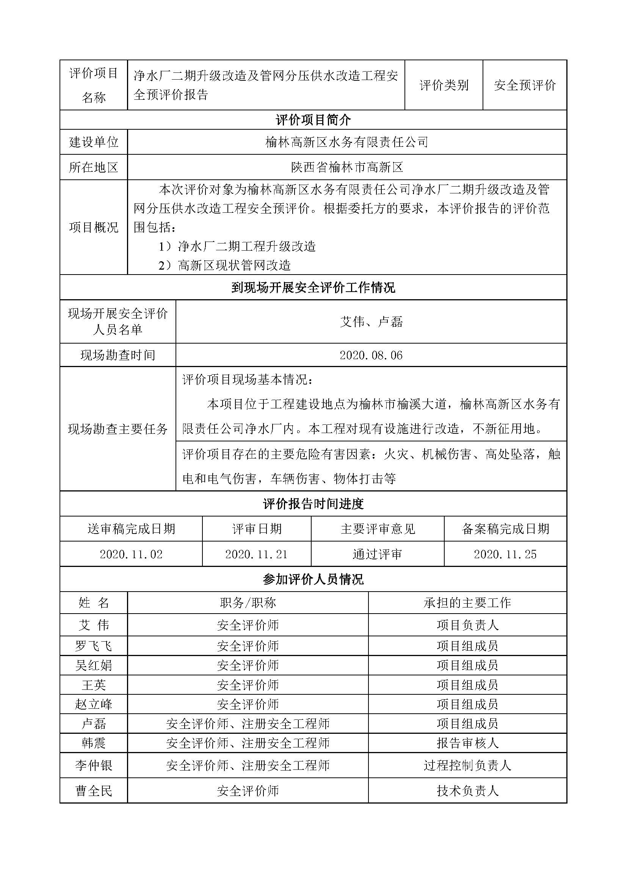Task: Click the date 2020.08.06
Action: [371, 355]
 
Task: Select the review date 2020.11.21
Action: [256, 554]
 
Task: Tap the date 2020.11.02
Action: [131, 554]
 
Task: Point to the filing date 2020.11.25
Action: [505, 554]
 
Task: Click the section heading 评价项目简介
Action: [313, 120]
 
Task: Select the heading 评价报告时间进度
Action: [313, 504]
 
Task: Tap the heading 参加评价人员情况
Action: [313, 579]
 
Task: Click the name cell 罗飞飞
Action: [93, 645]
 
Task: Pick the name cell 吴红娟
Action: [93, 665]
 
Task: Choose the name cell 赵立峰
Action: [93, 704]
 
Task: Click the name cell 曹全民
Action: [93, 791]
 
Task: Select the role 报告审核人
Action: [467, 743]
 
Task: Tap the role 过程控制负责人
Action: [467, 765]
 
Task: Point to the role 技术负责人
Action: [467, 791]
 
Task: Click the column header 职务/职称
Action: [248, 603]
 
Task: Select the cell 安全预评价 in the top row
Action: [525, 85]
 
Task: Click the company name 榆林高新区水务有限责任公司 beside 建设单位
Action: [347, 142]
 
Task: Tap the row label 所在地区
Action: [93, 167]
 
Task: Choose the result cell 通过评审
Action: [377, 554]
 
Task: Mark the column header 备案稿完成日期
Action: [505, 529]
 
